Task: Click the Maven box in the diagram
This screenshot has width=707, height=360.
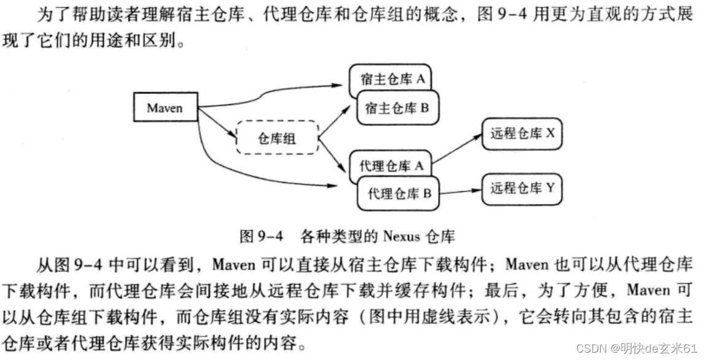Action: click(166, 108)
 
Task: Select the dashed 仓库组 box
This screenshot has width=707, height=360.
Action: click(277, 139)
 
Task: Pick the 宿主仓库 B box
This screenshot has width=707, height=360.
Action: click(396, 109)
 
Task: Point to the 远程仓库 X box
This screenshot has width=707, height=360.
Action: click(521, 133)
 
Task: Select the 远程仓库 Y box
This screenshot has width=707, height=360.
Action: click(521, 189)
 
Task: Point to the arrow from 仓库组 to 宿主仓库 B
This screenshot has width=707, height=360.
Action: click(335, 123)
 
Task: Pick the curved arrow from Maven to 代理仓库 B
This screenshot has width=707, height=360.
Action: click(258, 173)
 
